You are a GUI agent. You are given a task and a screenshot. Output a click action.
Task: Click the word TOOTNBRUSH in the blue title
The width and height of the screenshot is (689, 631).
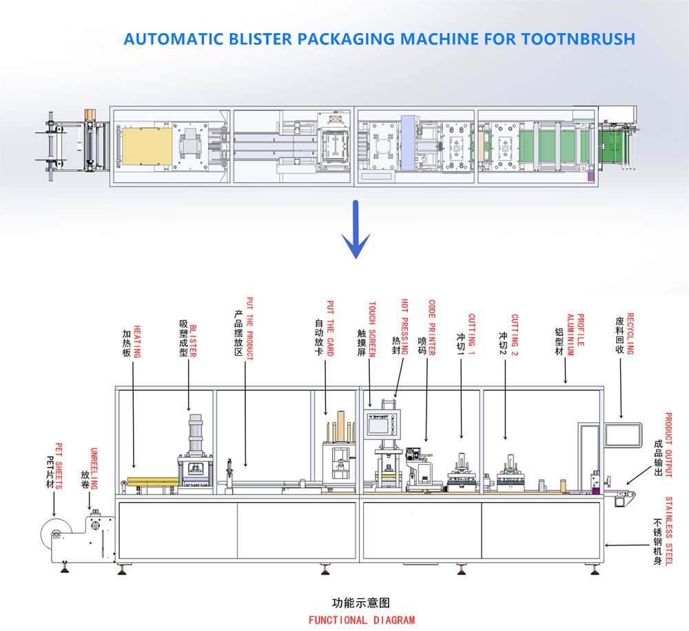pos(578,39)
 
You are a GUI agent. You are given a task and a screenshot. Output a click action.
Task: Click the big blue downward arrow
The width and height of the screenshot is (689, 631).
pos(356,230)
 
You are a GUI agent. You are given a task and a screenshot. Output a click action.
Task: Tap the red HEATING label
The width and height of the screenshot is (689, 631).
pos(137,341)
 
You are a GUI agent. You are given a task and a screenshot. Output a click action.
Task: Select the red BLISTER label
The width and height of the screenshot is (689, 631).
pos(193,341)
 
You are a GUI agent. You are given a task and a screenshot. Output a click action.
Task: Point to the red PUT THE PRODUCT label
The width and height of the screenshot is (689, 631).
pos(249,329)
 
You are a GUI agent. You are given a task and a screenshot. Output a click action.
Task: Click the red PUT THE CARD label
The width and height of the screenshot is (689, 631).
pos(331,328)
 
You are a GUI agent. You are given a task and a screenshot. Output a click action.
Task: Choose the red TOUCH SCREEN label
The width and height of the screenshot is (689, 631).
pos(372,329)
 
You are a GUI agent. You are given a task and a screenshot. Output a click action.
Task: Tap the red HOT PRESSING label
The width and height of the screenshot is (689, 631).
pos(404,327)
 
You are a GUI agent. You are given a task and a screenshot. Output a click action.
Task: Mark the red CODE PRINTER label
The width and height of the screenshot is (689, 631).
pos(432,328)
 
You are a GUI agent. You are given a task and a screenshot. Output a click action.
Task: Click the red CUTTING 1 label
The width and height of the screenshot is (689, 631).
pos(471,334)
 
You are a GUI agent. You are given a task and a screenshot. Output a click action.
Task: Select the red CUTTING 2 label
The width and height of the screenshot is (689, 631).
pos(515,334)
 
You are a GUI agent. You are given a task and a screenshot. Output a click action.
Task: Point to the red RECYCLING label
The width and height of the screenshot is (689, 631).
pos(630,334)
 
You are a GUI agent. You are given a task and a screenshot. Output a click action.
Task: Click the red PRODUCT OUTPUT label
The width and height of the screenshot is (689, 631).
pos(668,445)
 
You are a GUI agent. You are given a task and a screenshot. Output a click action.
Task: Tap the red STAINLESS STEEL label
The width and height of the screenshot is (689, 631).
pos(669,531)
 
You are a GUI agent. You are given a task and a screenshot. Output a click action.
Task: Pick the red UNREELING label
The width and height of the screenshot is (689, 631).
pos(94,469)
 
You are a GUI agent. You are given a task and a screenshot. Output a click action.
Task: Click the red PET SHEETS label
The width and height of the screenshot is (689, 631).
pos(59,466)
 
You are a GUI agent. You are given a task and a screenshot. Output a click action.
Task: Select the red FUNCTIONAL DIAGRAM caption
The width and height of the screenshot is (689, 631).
pos(362,621)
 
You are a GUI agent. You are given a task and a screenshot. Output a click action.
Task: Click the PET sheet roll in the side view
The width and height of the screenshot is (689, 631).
pos(56,533)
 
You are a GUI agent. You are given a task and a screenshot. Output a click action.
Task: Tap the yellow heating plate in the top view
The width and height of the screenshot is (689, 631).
pos(147,146)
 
